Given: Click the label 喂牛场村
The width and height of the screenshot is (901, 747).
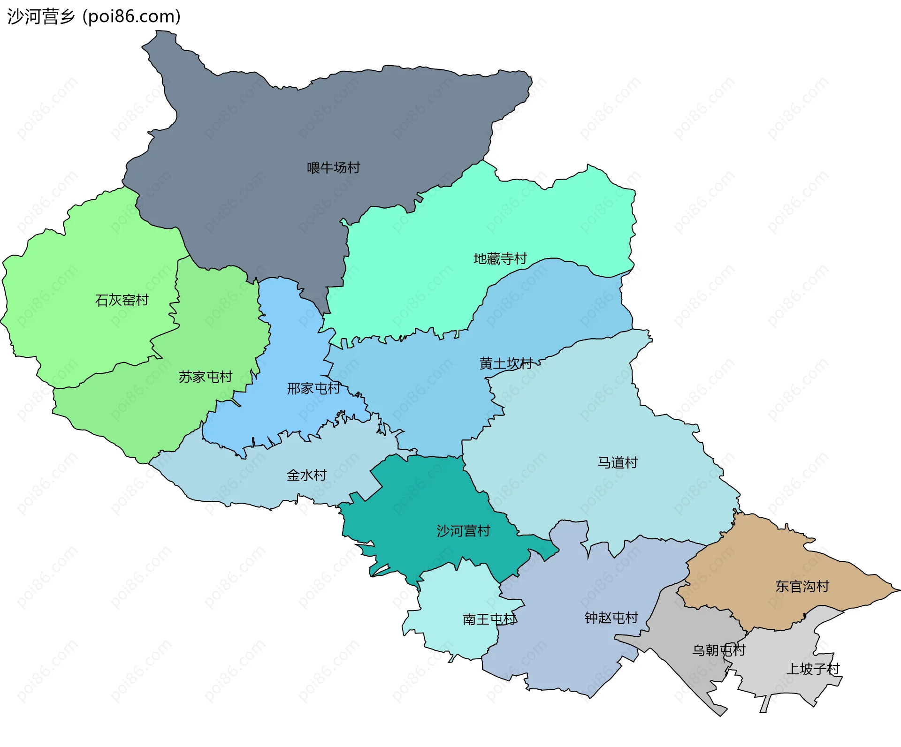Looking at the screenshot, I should pyautogui.click(x=333, y=168).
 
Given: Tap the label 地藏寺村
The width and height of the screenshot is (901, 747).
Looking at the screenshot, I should pyautogui.click(x=500, y=259).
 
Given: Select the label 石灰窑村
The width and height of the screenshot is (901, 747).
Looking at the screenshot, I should pyautogui.click(x=122, y=300).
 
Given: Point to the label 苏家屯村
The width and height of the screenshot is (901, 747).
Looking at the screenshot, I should pyautogui.click(x=205, y=377).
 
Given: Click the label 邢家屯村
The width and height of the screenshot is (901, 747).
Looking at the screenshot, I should pyautogui.click(x=313, y=389).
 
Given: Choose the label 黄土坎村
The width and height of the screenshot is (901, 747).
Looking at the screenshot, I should pyautogui.click(x=506, y=363).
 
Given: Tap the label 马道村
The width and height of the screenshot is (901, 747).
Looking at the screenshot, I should pyautogui.click(x=617, y=463).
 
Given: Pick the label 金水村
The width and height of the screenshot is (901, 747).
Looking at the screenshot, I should pyautogui.click(x=306, y=475).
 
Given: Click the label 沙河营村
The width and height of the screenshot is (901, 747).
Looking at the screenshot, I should pyautogui.click(x=463, y=531).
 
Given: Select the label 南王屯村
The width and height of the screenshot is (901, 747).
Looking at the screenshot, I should pyautogui.click(x=489, y=620).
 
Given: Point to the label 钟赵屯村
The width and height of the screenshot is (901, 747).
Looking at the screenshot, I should pyautogui.click(x=611, y=618).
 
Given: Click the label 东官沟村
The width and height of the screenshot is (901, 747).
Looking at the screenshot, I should pyautogui.click(x=802, y=587).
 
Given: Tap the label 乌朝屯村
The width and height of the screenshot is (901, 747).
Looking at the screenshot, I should pyautogui.click(x=718, y=650).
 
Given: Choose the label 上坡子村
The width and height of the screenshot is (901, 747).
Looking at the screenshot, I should pyautogui.click(x=813, y=669).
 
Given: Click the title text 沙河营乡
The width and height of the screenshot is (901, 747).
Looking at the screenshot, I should pyautogui.click(x=41, y=17).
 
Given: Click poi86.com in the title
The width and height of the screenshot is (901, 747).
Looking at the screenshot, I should pyautogui.click(x=131, y=17).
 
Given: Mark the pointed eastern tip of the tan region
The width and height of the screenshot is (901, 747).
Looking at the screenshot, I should pyautogui.click(x=897, y=590).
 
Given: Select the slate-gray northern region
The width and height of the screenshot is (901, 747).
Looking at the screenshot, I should pyautogui.click(x=305, y=122).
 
